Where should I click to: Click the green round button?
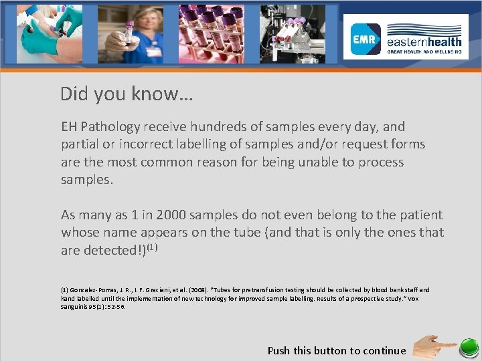click(468, 348)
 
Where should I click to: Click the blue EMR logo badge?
click(366, 39)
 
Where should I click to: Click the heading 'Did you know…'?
click(127, 94)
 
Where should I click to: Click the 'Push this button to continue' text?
click(337, 350)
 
